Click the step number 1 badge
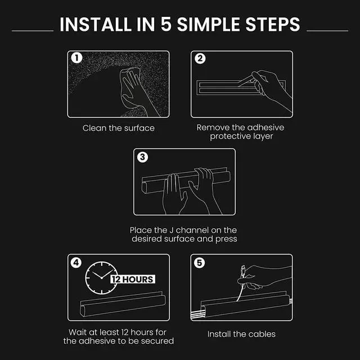pos(76,58)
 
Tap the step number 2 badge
pos(200,58)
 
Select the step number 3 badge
pos(142,157)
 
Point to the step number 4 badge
pos(76,263)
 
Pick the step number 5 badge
pos(200,263)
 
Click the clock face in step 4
pos(101,278)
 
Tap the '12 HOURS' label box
pos(133,279)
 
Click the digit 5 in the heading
pos(166,24)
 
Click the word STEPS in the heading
pos(273,24)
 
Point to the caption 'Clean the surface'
pos(119,128)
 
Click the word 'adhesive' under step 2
pos(266,128)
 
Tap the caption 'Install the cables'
pos(241,334)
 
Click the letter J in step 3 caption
pos(171,230)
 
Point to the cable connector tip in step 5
pos(243,270)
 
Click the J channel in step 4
pos(123,304)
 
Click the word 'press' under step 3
pos(226,239)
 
